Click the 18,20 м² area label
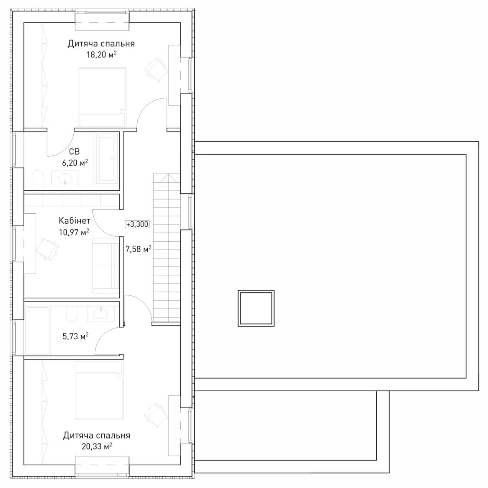(102, 54)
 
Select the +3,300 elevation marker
(137, 224)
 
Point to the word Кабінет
(74, 221)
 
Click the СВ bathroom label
(74, 152)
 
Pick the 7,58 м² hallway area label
(138, 249)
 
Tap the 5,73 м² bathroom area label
(76, 336)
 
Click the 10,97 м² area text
(74, 232)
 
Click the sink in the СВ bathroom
(65, 178)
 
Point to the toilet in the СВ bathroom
(38, 178)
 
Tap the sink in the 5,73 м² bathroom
(101, 314)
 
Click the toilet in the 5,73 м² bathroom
(71, 314)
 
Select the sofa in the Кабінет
(106, 265)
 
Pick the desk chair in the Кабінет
(48, 249)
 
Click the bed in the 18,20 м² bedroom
(102, 97)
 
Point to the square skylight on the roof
(256, 308)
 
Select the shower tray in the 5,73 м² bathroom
(38, 331)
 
